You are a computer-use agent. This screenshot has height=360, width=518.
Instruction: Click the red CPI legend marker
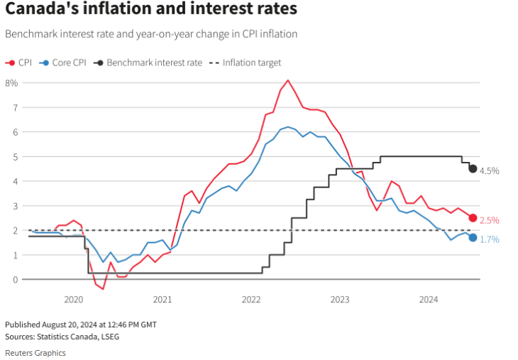[x=11, y=62]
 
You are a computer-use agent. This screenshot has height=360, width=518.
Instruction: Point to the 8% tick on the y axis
[x=11, y=83]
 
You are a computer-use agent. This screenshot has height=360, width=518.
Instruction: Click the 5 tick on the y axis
[x=14, y=156]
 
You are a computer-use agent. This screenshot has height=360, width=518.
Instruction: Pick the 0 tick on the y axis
[x=14, y=279]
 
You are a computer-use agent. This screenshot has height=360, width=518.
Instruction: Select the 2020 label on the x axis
[x=75, y=300]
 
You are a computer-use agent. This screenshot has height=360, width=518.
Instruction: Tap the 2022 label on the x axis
[x=251, y=300]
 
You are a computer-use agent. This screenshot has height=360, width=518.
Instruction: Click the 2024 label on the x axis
[x=429, y=300]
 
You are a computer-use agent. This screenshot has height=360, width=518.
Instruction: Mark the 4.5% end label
[x=490, y=171]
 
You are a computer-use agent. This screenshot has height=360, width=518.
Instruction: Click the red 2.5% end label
[x=490, y=220]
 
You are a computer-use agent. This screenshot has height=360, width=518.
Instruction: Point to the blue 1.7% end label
[x=490, y=240]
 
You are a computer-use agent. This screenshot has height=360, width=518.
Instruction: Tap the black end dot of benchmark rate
[x=473, y=168]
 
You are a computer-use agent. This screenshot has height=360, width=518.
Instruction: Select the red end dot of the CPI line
[x=473, y=218]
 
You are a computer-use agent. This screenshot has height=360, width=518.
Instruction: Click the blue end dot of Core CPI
[x=473, y=237]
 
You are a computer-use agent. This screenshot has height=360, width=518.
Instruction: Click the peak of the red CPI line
[x=287, y=80]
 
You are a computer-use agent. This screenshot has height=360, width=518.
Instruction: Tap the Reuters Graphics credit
[x=35, y=353]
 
